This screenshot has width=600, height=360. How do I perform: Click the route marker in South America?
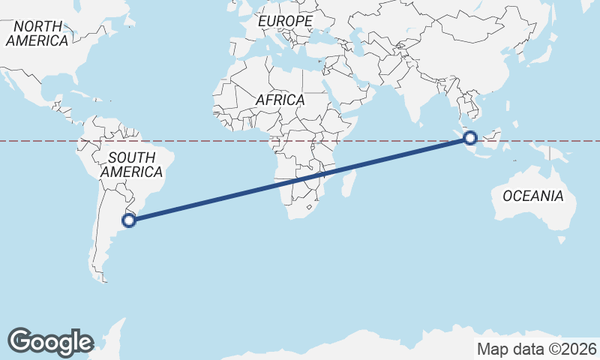(129, 220)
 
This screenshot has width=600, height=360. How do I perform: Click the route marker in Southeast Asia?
(470, 137)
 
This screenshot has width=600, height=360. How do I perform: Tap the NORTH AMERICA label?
(37, 34)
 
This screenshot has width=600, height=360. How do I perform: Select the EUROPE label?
(285, 22)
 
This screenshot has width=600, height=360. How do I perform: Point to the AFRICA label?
(280, 100)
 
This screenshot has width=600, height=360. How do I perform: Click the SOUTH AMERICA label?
(131, 165)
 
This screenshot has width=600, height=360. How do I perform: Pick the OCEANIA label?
(532, 196)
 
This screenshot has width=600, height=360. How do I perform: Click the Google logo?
(50, 341)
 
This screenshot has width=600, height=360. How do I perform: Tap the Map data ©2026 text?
(537, 349)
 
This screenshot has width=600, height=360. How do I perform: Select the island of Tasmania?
(561, 239)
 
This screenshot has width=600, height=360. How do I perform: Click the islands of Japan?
(535, 55)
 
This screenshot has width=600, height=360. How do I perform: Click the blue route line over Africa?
(300, 178)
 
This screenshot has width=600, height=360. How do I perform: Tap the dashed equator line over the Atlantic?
(202, 141)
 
